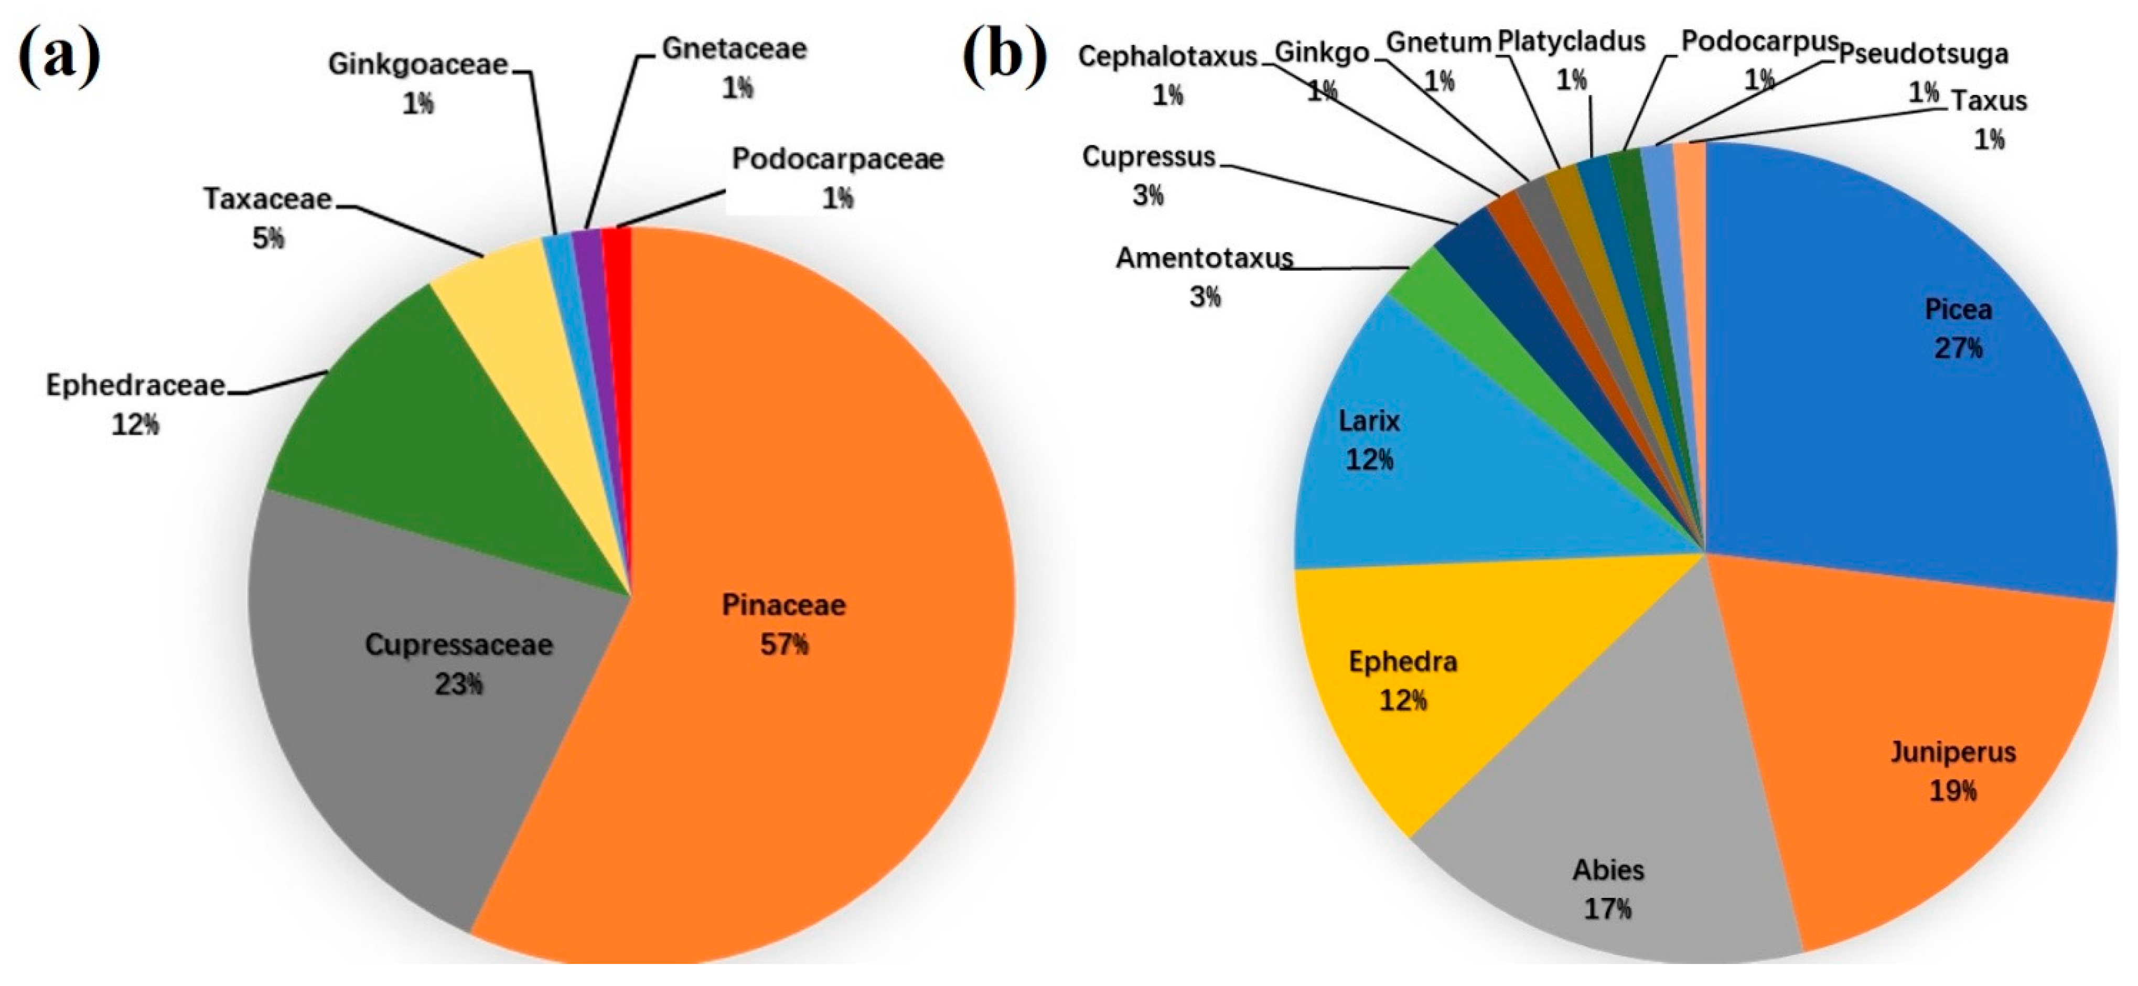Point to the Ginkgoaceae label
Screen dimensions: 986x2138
click(417, 65)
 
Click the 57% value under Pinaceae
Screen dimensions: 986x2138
click(783, 644)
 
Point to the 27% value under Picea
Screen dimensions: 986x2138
click(1958, 348)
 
